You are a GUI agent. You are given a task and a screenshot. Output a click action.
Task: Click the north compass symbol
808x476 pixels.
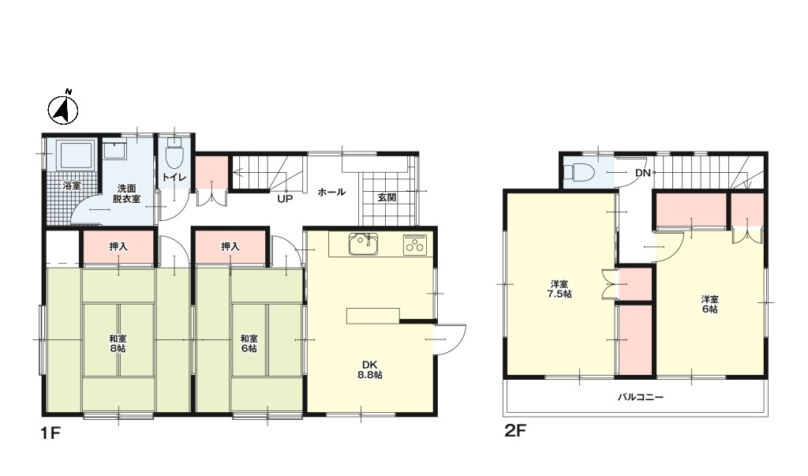(63, 108)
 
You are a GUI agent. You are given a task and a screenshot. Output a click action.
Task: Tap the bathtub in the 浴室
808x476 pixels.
(77, 154)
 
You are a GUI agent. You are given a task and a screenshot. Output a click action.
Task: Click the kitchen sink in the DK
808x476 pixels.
(363, 244)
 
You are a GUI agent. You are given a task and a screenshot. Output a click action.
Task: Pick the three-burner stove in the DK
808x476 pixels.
(415, 245)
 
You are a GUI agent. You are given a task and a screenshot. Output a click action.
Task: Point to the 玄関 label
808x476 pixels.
(387, 197)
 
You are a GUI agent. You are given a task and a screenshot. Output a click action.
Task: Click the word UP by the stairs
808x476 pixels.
(285, 198)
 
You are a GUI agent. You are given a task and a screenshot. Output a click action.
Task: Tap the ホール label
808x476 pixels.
(331, 193)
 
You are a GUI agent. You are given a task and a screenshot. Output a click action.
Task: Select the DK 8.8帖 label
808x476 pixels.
(370, 369)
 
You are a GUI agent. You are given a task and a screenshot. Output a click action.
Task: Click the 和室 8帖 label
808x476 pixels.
(118, 343)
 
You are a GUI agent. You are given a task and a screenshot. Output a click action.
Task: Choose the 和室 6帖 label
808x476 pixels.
(249, 343)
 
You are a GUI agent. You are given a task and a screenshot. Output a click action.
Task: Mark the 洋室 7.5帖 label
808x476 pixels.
(560, 289)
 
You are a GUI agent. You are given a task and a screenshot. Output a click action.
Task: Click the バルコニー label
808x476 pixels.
(641, 397)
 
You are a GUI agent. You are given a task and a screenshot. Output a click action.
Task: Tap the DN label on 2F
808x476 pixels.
(643, 174)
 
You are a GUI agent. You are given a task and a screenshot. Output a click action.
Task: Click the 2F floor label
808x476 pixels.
(515, 431)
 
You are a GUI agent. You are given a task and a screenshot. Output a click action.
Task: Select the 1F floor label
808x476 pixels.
(51, 433)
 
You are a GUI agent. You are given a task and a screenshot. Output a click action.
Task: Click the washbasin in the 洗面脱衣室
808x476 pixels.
(115, 151)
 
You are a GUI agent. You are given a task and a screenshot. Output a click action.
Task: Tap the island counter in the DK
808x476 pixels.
(373, 316)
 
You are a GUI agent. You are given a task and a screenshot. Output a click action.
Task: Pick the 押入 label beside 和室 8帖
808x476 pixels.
(118, 247)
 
